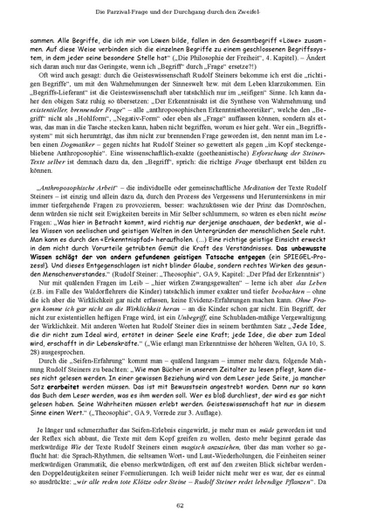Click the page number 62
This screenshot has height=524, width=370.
(x=185, y=505)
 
